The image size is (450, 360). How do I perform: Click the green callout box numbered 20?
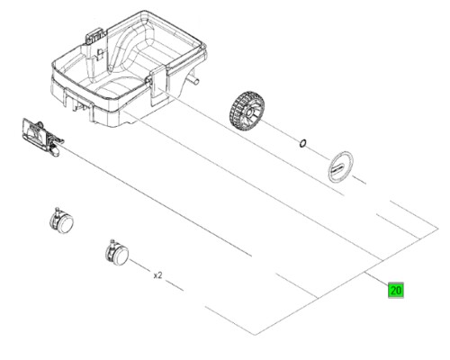click(x=396, y=290)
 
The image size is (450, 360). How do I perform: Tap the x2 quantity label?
click(x=157, y=275)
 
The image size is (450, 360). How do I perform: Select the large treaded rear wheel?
click(x=247, y=110)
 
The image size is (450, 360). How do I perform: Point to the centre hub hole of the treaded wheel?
click(x=249, y=112)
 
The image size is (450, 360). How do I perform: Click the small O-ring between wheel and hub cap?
click(x=303, y=143)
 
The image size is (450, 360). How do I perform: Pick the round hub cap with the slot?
click(x=340, y=166)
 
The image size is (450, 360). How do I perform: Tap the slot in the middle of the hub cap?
click(x=338, y=167)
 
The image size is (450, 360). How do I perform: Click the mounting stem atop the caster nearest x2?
click(x=112, y=242)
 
